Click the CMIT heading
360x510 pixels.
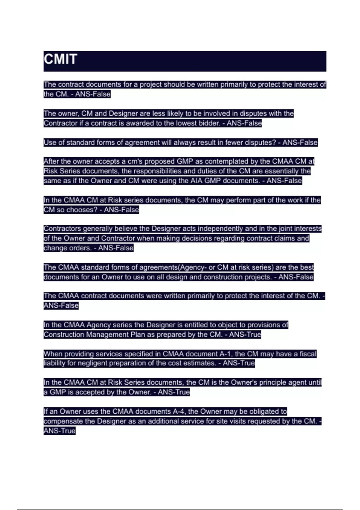(x=61, y=59)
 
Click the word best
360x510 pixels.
(x=307, y=267)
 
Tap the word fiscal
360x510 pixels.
(x=308, y=354)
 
